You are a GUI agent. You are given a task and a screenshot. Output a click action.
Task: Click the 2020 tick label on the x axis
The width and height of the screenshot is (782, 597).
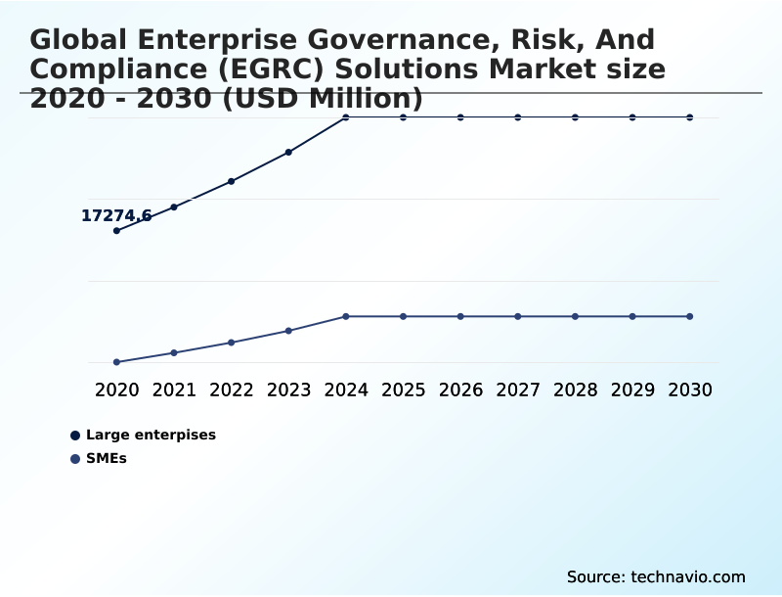click(116, 390)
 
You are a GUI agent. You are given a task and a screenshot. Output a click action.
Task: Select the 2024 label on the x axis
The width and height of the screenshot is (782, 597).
click(346, 390)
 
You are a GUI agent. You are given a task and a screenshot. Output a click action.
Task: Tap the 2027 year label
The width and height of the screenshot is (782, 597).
click(518, 390)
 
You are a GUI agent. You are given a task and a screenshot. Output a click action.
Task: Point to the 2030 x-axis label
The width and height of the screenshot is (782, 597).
click(690, 390)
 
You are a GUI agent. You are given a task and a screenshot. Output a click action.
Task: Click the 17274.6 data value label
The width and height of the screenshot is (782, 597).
click(115, 215)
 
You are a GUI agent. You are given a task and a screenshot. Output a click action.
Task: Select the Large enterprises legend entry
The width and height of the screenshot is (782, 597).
click(151, 435)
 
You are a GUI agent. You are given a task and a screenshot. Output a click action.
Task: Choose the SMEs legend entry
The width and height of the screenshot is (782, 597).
click(106, 458)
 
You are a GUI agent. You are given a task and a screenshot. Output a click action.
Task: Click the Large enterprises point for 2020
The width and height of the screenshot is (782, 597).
click(116, 231)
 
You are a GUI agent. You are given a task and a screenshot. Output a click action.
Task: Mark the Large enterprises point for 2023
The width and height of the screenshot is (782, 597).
click(288, 152)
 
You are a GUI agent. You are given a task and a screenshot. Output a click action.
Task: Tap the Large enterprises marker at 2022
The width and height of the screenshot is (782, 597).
click(232, 181)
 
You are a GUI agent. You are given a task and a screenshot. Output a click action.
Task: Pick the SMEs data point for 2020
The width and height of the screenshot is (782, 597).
click(116, 362)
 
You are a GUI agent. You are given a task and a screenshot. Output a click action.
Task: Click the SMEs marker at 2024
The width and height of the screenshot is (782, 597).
click(346, 316)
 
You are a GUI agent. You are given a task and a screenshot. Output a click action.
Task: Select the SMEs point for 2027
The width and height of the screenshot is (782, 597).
click(518, 316)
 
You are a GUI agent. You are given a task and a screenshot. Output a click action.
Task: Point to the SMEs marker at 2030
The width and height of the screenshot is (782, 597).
click(690, 316)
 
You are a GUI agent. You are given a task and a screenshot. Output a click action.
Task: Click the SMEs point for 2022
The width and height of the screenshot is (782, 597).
click(232, 343)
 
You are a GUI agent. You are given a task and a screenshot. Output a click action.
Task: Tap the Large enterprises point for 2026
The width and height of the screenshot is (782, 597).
click(460, 117)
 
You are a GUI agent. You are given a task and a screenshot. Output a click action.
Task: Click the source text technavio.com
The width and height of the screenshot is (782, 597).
click(688, 576)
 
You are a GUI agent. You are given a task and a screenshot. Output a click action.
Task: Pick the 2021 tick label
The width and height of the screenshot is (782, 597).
click(174, 390)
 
